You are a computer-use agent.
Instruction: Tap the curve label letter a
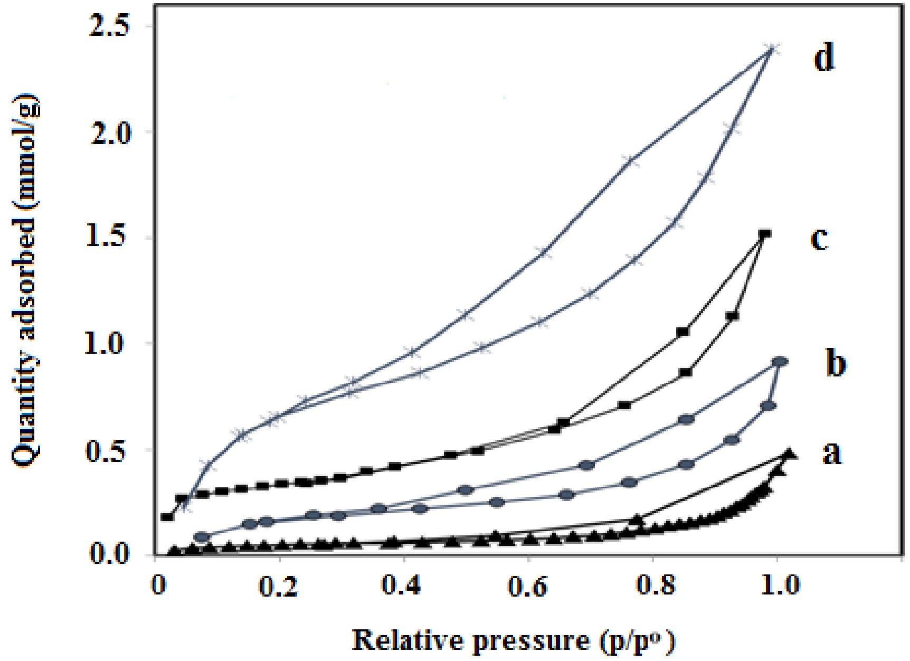(832, 453)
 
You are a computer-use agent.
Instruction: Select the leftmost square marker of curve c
(167, 517)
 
